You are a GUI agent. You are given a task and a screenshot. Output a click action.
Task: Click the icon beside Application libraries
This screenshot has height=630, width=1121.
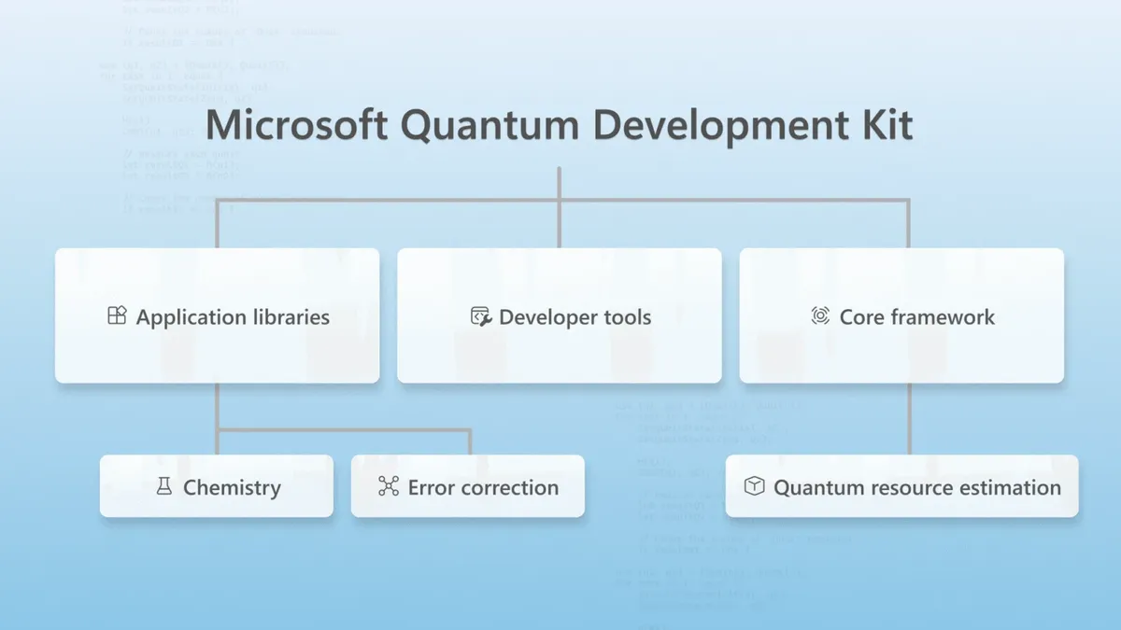pos(117,315)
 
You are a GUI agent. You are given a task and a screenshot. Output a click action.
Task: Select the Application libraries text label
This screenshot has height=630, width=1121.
pos(233,317)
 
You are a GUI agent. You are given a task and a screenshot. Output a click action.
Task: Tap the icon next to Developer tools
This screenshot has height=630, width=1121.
pos(480,316)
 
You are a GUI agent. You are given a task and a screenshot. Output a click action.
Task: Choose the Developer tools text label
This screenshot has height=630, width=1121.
pos(575,317)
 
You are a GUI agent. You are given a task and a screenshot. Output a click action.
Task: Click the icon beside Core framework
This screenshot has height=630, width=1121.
pos(820,316)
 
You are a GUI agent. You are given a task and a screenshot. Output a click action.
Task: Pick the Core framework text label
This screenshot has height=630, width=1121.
pos(916,317)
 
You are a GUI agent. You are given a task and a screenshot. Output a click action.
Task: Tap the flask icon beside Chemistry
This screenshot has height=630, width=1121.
pos(164,486)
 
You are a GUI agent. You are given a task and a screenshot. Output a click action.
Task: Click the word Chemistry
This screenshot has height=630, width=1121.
pos(232,487)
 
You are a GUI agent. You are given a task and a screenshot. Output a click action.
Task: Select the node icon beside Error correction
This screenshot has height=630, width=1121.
pos(389,486)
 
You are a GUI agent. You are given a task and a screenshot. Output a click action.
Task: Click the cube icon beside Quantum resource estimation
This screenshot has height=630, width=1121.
pos(754,486)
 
